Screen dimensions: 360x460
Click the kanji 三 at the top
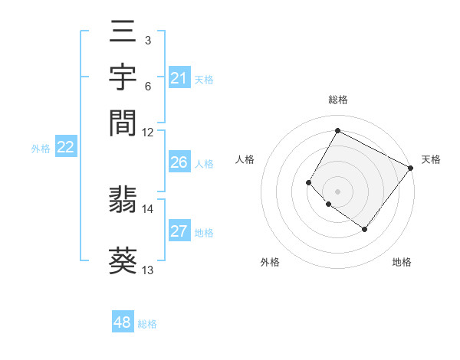[123, 33]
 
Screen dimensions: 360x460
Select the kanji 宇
[123, 77]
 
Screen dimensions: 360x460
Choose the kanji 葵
[123, 260]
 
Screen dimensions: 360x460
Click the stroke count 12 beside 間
[148, 133]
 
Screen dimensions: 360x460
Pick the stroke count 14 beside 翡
[148, 208]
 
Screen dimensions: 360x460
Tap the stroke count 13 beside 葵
[148, 270]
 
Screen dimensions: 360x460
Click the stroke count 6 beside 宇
[147, 87]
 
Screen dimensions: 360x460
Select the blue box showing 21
[179, 78]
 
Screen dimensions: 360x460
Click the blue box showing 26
[179, 162]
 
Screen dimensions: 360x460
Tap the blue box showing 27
[179, 232]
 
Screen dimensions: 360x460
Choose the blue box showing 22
[65, 148]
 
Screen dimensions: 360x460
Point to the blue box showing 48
[122, 322]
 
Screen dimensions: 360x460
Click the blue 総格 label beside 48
[148, 324]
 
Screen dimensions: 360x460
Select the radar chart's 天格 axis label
[431, 159]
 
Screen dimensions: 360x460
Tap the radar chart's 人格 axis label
[245, 159]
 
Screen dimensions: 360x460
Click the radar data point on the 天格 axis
[410, 168]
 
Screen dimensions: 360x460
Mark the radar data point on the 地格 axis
[365, 229]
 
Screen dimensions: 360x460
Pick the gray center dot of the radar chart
[337, 191]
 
